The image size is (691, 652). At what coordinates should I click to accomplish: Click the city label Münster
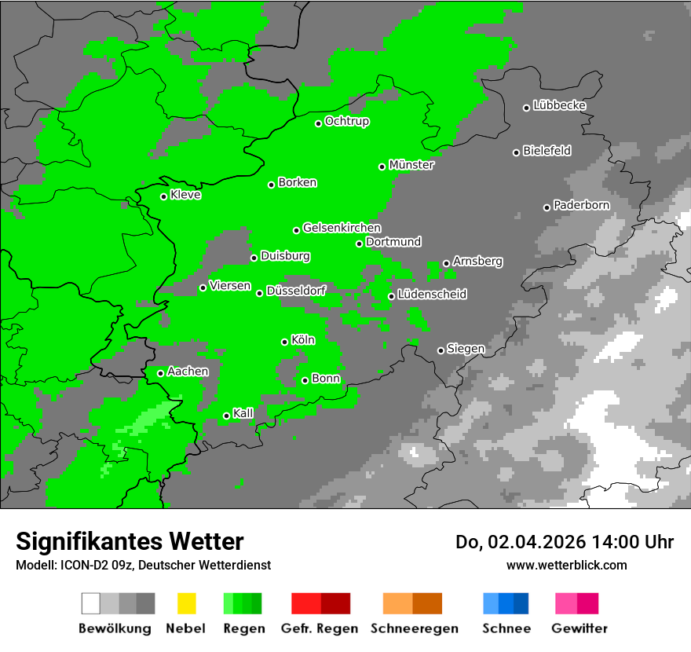point(411,165)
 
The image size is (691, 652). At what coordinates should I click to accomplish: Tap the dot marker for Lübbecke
point(527,108)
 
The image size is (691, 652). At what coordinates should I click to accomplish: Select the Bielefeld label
point(547,151)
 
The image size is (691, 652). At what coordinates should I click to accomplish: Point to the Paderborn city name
point(582,205)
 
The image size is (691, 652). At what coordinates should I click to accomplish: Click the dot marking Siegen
point(441,350)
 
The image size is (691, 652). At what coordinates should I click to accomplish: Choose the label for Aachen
point(188,372)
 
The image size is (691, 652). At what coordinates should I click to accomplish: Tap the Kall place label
point(243,413)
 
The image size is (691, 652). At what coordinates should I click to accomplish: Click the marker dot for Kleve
point(163,196)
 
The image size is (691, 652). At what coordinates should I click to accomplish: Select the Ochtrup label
point(347,122)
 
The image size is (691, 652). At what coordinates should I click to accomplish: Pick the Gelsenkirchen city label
point(342,228)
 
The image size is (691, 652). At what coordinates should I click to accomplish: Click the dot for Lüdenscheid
point(391,296)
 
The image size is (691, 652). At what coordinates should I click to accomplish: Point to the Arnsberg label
point(477,261)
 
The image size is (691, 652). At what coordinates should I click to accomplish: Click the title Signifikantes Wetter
point(130,541)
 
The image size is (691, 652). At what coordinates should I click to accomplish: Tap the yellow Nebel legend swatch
point(186,603)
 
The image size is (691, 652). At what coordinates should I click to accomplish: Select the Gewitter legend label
point(579,628)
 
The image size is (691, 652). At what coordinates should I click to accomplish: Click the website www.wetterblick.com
point(567,565)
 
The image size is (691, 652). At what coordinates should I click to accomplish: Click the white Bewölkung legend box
point(91,603)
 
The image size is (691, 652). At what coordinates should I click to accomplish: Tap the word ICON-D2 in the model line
point(79,565)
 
